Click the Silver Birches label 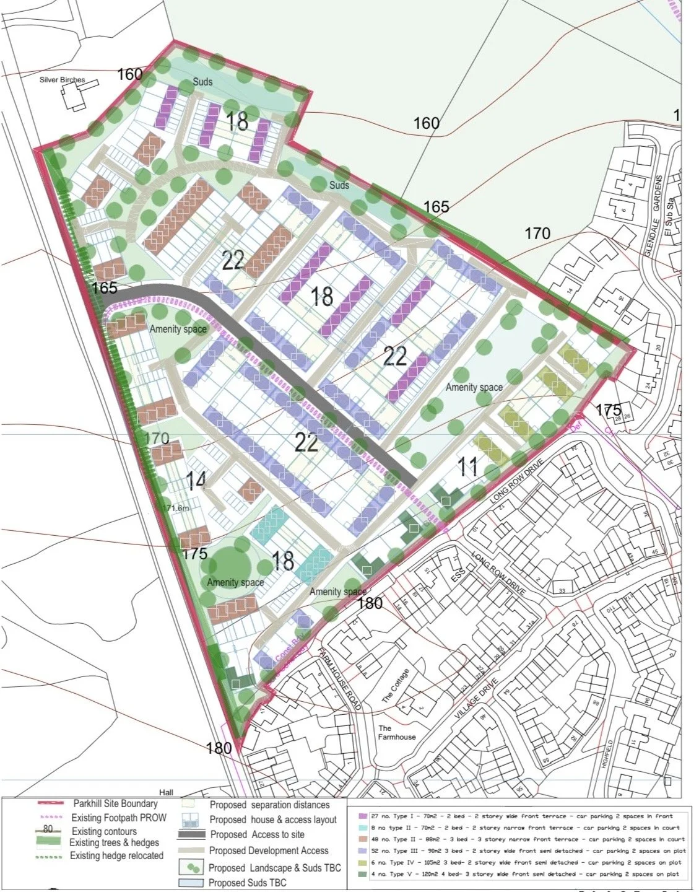point(62,80)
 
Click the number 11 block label point(467,466)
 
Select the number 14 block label point(195,481)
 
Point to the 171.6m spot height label point(175,508)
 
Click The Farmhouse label point(397,733)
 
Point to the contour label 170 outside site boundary point(537,234)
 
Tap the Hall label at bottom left point(166,792)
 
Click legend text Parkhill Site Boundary point(115,804)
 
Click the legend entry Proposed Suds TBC point(248,883)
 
